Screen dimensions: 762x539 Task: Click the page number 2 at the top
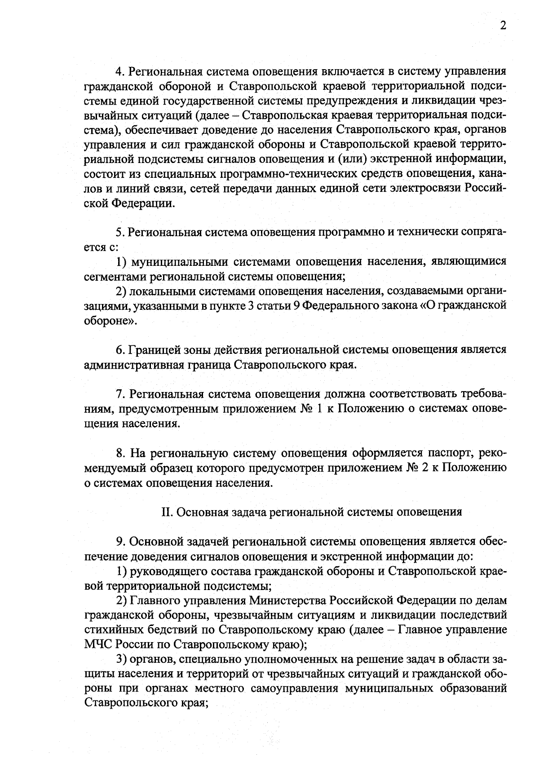[503, 26]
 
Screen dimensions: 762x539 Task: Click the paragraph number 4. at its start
[120, 72]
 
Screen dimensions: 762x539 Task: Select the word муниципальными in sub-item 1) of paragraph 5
[177, 262]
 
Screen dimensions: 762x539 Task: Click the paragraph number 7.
[120, 394]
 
